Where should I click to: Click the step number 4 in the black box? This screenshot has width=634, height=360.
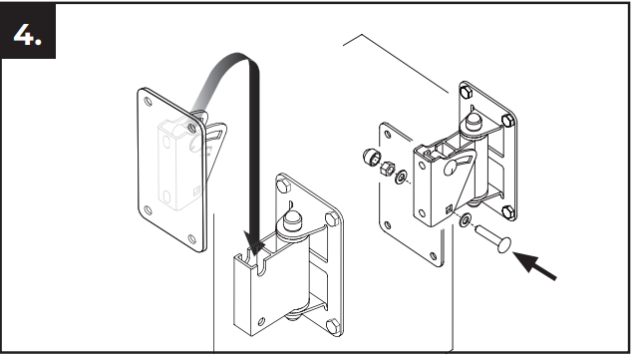pyautogui.click(x=27, y=34)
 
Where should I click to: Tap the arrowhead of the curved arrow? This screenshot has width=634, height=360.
pyautogui.click(x=253, y=243)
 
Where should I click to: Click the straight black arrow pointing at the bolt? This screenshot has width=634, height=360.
pyautogui.click(x=534, y=265)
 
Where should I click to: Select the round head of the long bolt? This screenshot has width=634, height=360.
pyautogui.click(x=503, y=245)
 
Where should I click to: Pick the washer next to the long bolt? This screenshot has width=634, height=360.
pyautogui.click(x=465, y=220)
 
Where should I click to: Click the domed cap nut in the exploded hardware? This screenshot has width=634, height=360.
pyautogui.click(x=371, y=156)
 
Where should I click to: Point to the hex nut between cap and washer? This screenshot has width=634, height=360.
pyautogui.click(x=387, y=168)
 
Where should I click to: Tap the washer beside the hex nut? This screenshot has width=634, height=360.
pyautogui.click(x=401, y=178)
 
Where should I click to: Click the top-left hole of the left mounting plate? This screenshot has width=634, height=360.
pyautogui.click(x=148, y=101)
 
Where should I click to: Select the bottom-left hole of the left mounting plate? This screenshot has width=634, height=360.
pyautogui.click(x=148, y=210)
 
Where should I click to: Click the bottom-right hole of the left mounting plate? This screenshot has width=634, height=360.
pyautogui.click(x=192, y=238)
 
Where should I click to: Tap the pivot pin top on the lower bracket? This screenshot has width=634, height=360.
pyautogui.click(x=290, y=220)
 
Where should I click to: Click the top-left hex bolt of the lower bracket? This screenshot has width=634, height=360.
pyautogui.click(x=283, y=185)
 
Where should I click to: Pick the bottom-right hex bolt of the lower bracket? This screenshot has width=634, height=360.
pyautogui.click(x=333, y=326)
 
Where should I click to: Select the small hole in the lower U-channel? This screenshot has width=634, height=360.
pyautogui.click(x=261, y=321)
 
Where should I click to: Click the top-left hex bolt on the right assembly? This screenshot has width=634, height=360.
pyautogui.click(x=467, y=92)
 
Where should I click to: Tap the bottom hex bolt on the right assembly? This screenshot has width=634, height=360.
pyautogui.click(x=507, y=212)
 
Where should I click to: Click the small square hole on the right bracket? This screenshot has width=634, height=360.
pyautogui.click(x=449, y=209)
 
